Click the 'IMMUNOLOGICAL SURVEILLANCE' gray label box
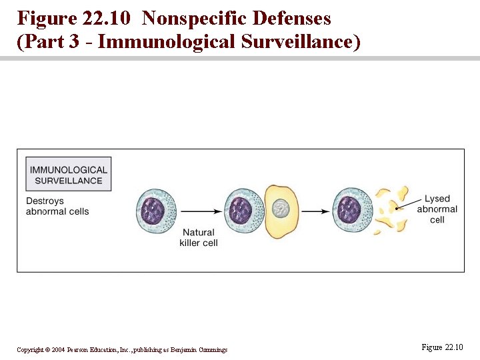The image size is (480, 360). coord(68,175)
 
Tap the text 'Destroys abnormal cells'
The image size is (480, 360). coord(57,206)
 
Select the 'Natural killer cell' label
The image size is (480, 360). coord(199,237)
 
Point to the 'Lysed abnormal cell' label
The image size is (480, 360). coord(437,209)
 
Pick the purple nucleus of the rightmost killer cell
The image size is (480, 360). coord(348,211)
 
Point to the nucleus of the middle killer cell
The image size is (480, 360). coord(240,211)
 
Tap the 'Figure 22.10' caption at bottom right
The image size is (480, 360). coord(442,347)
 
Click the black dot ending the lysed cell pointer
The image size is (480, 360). coord(397,209)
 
